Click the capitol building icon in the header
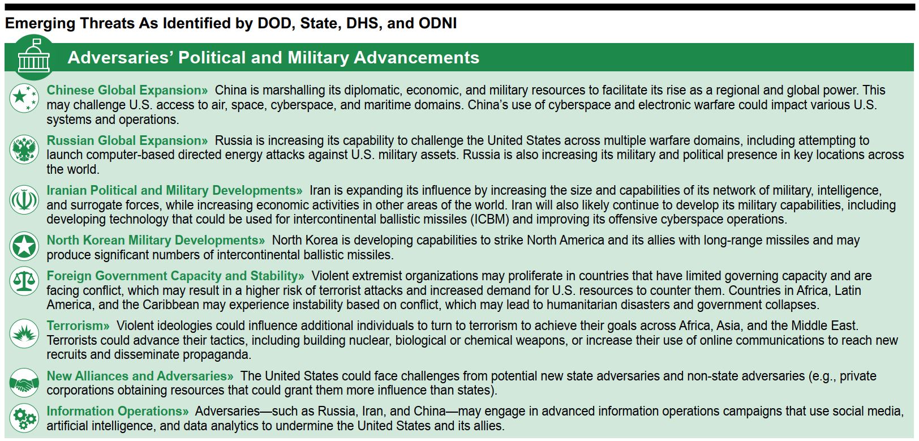pyautogui.click(x=33, y=57)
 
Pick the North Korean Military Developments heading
pyautogui.click(x=156, y=240)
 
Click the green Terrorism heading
pyautogui.click(x=78, y=326)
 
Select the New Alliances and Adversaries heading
pyautogui.click(x=140, y=376)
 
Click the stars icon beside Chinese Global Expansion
pyautogui.click(x=24, y=97)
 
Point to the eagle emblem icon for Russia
pyautogui.click(x=24, y=149)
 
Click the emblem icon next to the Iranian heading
pyautogui.click(x=24, y=199)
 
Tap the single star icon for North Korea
pyautogui.click(x=24, y=246)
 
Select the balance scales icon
pyautogui.click(x=24, y=281)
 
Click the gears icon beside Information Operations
pyautogui.click(x=24, y=419)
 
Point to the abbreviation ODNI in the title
pyautogui.click(x=437, y=23)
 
